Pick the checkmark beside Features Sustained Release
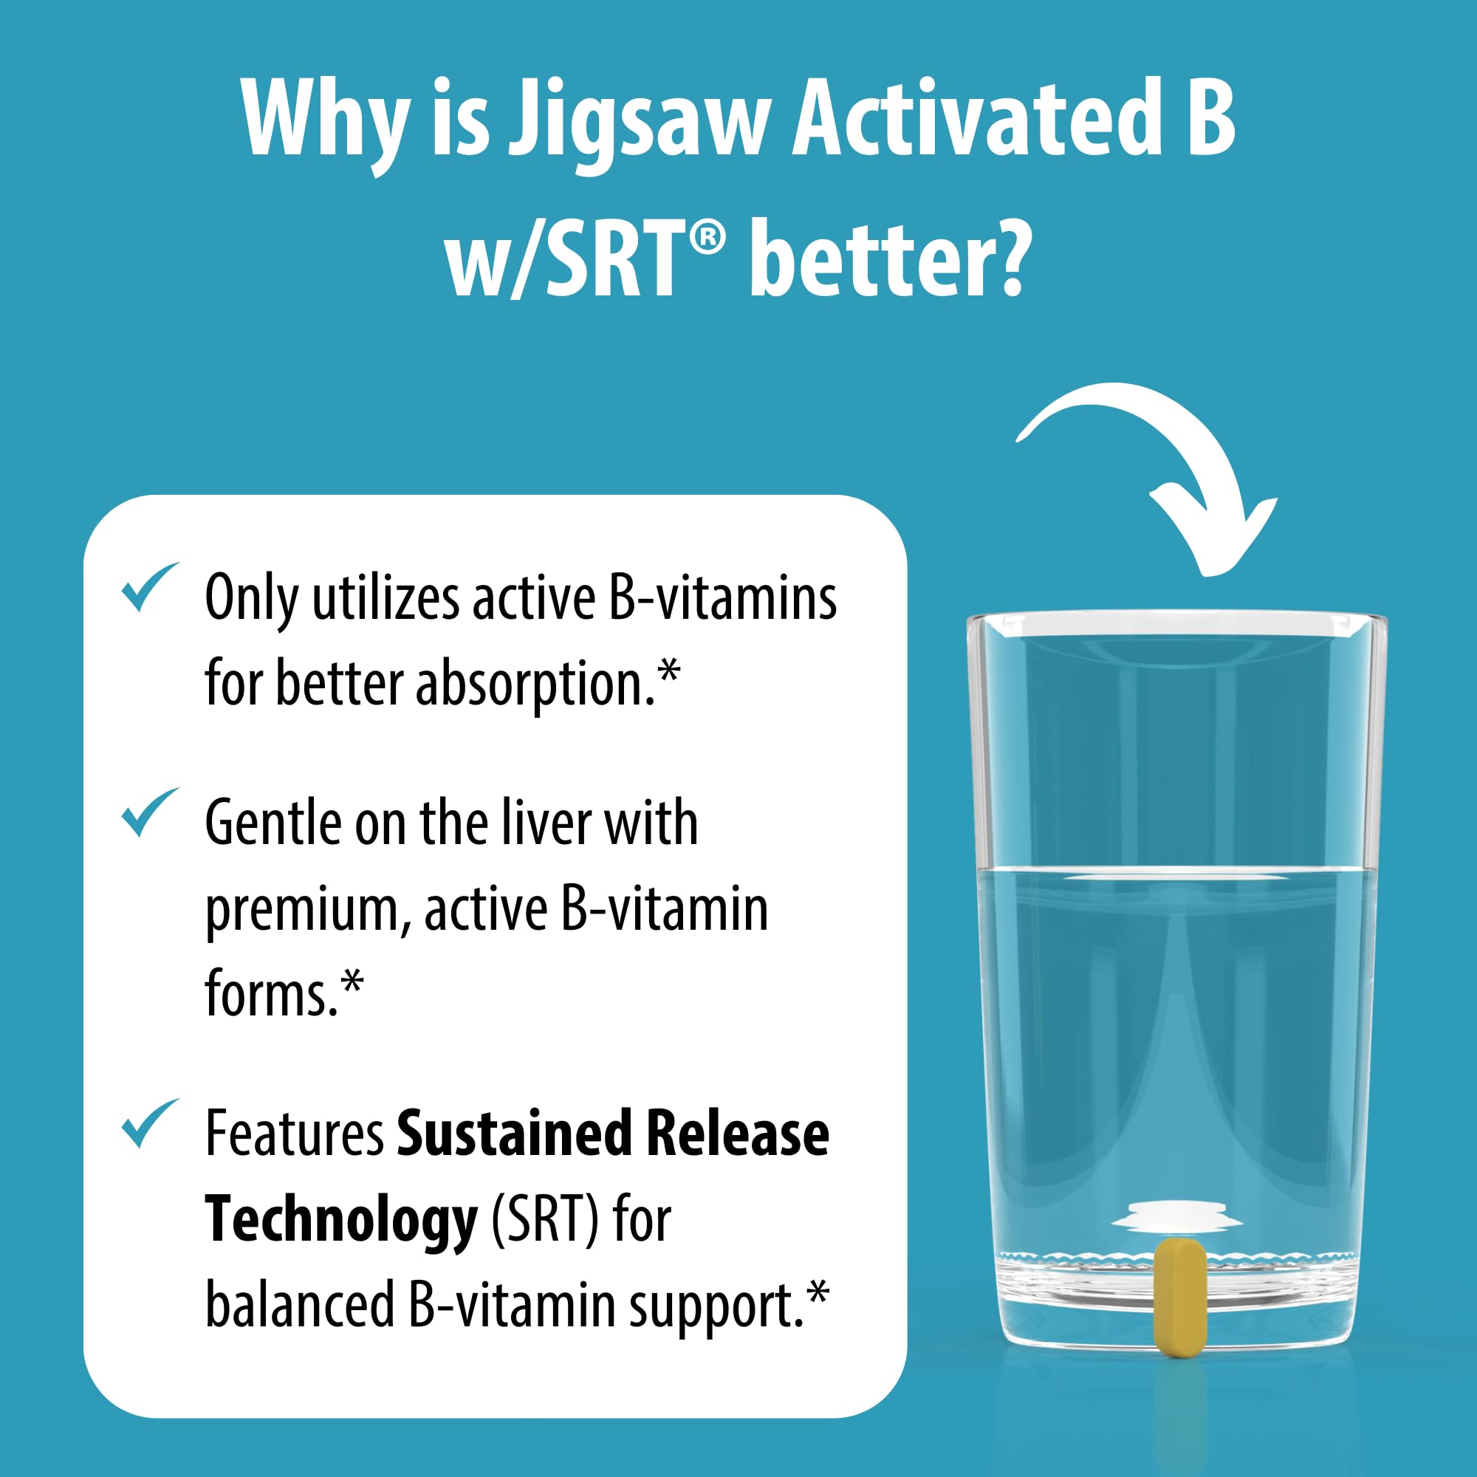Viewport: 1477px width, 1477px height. click(x=149, y=1123)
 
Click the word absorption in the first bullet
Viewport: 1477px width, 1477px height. click(x=534, y=685)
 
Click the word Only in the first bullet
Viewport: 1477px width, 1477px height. click(x=252, y=599)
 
